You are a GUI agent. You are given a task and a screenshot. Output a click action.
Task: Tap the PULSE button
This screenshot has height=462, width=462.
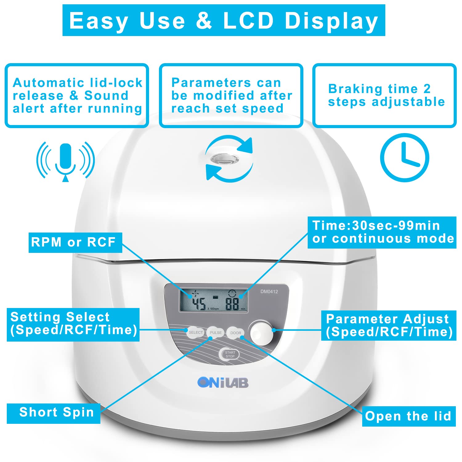pos(216,333)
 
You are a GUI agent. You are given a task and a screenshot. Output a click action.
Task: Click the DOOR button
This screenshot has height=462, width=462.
pos(236,333)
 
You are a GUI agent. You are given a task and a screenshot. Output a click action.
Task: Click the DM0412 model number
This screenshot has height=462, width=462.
pos(269,291)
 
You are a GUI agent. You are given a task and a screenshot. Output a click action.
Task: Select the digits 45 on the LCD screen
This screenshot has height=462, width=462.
pos(199,303)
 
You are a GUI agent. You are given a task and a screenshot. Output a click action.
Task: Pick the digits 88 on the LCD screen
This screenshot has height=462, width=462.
pos(232,304)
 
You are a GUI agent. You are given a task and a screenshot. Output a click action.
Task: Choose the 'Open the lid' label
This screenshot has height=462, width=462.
pos(409,416)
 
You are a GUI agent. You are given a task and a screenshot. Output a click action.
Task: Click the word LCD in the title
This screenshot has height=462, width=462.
pos(248,21)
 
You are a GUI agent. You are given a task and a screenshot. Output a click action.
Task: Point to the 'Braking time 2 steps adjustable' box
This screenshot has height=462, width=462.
pos(384,95)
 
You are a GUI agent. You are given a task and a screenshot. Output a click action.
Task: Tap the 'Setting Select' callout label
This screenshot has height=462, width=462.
pos(73,324)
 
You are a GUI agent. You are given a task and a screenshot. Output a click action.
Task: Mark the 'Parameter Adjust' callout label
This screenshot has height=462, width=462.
pos(389,326)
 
